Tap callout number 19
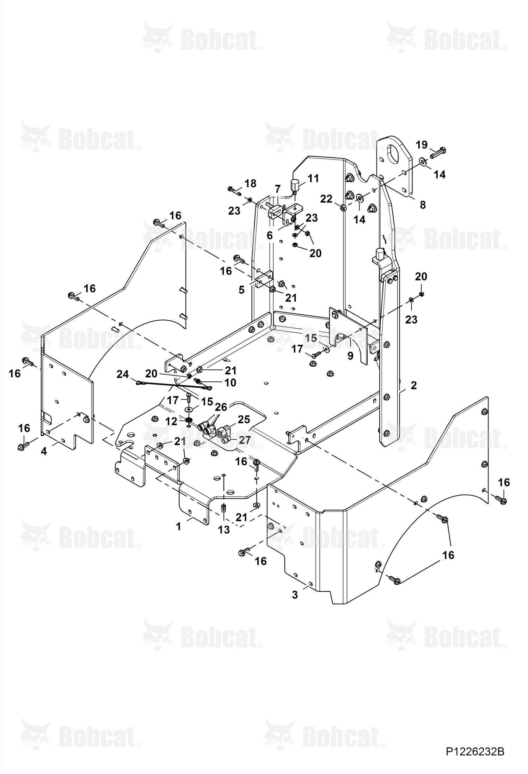pyautogui.click(x=422, y=145)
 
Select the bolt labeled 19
pyautogui.click(x=438, y=153)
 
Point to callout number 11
pyautogui.click(x=313, y=179)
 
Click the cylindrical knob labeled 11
pyautogui.click(x=294, y=185)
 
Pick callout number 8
pyautogui.click(x=423, y=205)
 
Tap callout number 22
pyautogui.click(x=326, y=199)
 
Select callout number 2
pyautogui.click(x=414, y=385)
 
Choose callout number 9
pyautogui.click(x=350, y=356)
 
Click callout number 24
pyautogui.click(x=123, y=374)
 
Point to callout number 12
pyautogui.click(x=172, y=421)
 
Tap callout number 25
pyautogui.click(x=244, y=419)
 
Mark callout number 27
pyautogui.click(x=245, y=440)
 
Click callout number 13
pyautogui.click(x=224, y=530)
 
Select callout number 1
pyautogui.click(x=178, y=527)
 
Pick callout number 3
pyautogui.click(x=295, y=595)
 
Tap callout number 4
pyautogui.click(x=44, y=451)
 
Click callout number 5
pyautogui.click(x=241, y=290)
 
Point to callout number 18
pyautogui.click(x=250, y=183)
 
